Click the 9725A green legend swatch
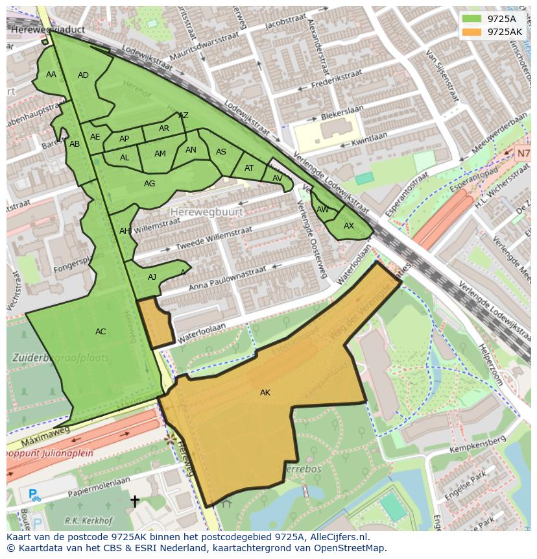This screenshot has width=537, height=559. coord(472,19)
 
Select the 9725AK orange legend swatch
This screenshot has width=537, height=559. coord(472,31)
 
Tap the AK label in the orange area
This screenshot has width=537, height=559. coord(265,393)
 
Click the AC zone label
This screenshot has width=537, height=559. coord(101,332)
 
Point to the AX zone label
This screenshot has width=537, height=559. coord(349,226)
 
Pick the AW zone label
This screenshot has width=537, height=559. coord(323,210)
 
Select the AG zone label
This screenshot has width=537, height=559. coord(149,184)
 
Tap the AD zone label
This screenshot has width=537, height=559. coord(83,75)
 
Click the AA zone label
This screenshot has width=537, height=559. coord(51,75)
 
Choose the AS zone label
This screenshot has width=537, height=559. coord(221,152)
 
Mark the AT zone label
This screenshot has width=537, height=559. coord(249,168)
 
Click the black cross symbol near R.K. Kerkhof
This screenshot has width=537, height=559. coord(135,501)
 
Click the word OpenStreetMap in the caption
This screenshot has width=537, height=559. coord(351,548)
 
